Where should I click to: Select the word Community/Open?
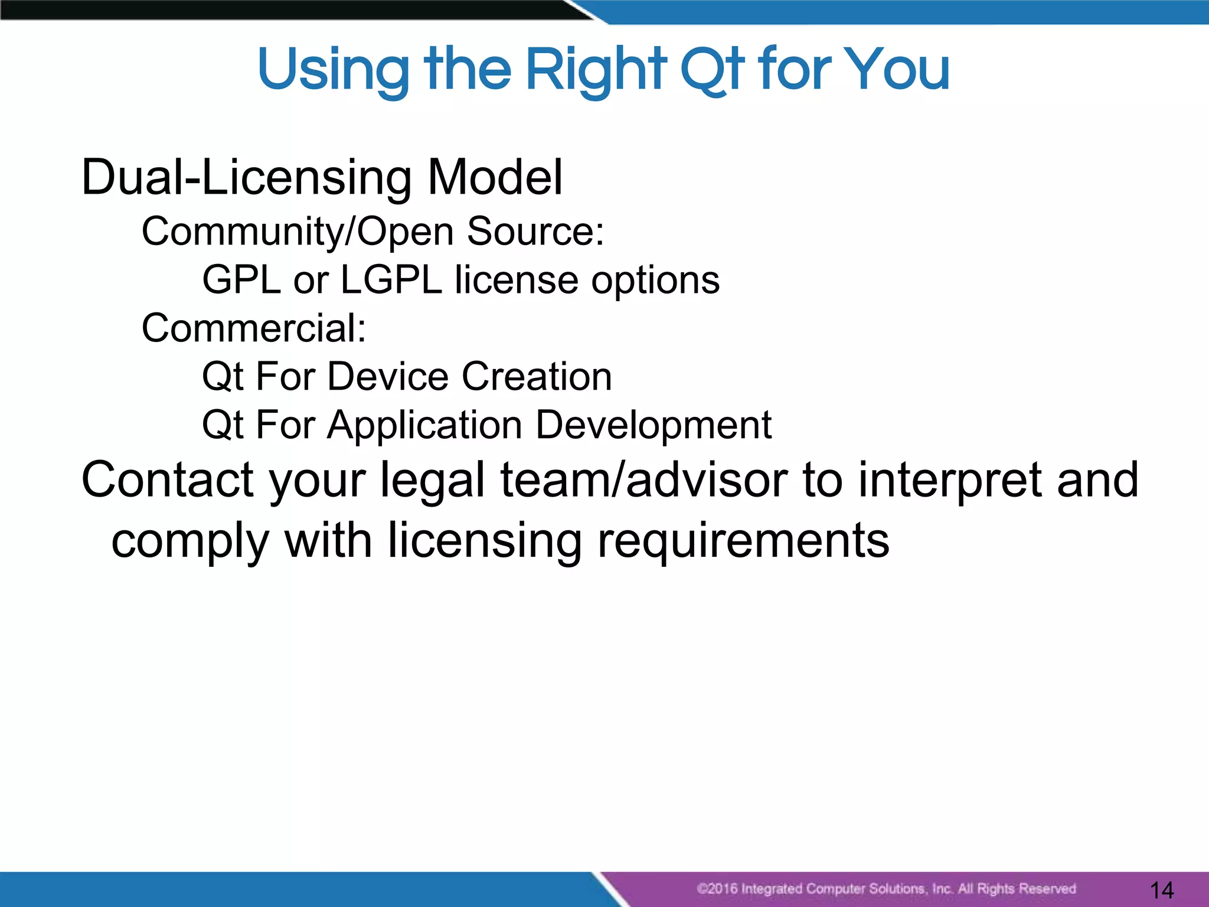point(298,231)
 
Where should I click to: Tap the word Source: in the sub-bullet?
point(535,231)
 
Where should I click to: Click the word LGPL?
point(391,280)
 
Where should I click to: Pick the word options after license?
point(655,281)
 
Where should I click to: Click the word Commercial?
point(254,328)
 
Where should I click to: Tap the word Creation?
point(537,377)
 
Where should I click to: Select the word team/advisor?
point(644,479)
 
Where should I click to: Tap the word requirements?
point(743,541)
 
